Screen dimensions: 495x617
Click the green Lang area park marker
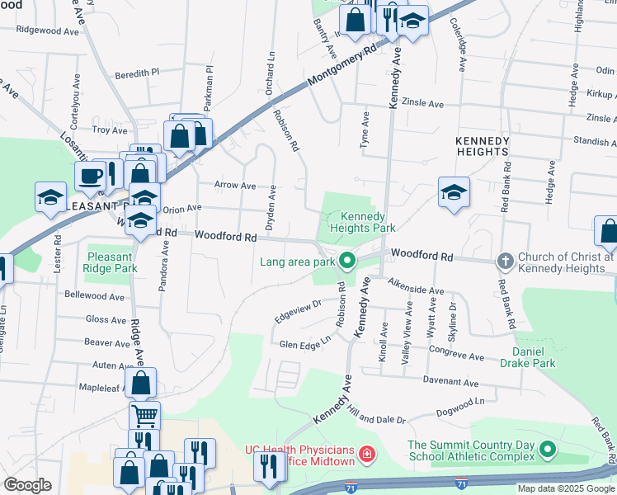[x=347, y=262]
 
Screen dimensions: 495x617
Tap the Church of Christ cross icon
[x=505, y=262]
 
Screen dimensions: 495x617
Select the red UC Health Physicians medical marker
[x=366, y=453]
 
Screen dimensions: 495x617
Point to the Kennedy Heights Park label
[x=362, y=222]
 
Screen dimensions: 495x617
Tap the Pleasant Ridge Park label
[x=109, y=262]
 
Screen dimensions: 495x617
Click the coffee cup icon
[x=88, y=175]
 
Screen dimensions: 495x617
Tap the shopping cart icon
[x=144, y=414]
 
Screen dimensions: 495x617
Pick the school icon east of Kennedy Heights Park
[x=454, y=192]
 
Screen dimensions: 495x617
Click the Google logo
[x=27, y=484]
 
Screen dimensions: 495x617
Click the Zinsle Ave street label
[x=422, y=105]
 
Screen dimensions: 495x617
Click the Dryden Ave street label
[x=271, y=203]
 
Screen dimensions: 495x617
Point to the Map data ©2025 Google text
[x=566, y=488]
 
